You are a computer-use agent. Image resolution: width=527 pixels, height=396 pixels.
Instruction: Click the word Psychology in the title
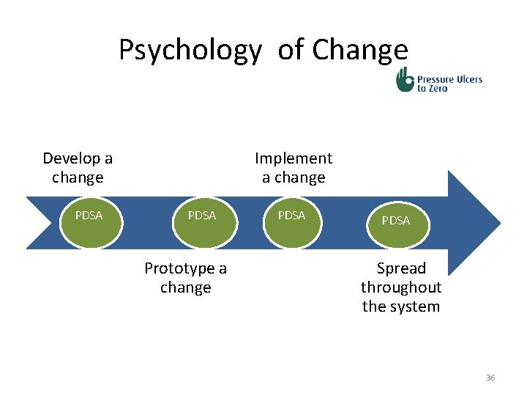[189, 51]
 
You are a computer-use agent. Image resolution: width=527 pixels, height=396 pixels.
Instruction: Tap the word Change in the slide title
[359, 50]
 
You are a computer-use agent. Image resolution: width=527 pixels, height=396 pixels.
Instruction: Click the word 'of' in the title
[291, 50]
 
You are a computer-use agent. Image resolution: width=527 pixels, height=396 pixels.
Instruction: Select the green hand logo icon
[404, 79]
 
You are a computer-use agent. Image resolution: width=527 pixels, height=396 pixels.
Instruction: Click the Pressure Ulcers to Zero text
[449, 81]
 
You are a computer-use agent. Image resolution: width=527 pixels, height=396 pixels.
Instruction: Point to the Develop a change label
[78, 168]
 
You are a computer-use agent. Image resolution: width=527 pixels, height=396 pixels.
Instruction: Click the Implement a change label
[294, 168]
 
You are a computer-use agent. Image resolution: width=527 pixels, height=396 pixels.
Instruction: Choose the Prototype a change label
[186, 278]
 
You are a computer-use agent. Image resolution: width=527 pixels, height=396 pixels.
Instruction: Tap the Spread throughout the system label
[401, 287]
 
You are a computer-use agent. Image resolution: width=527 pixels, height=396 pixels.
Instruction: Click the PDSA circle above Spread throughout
[396, 220]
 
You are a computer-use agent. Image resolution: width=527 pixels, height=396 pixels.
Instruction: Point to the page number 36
[490, 378]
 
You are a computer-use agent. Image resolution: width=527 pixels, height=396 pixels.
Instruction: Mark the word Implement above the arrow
[294, 158]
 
